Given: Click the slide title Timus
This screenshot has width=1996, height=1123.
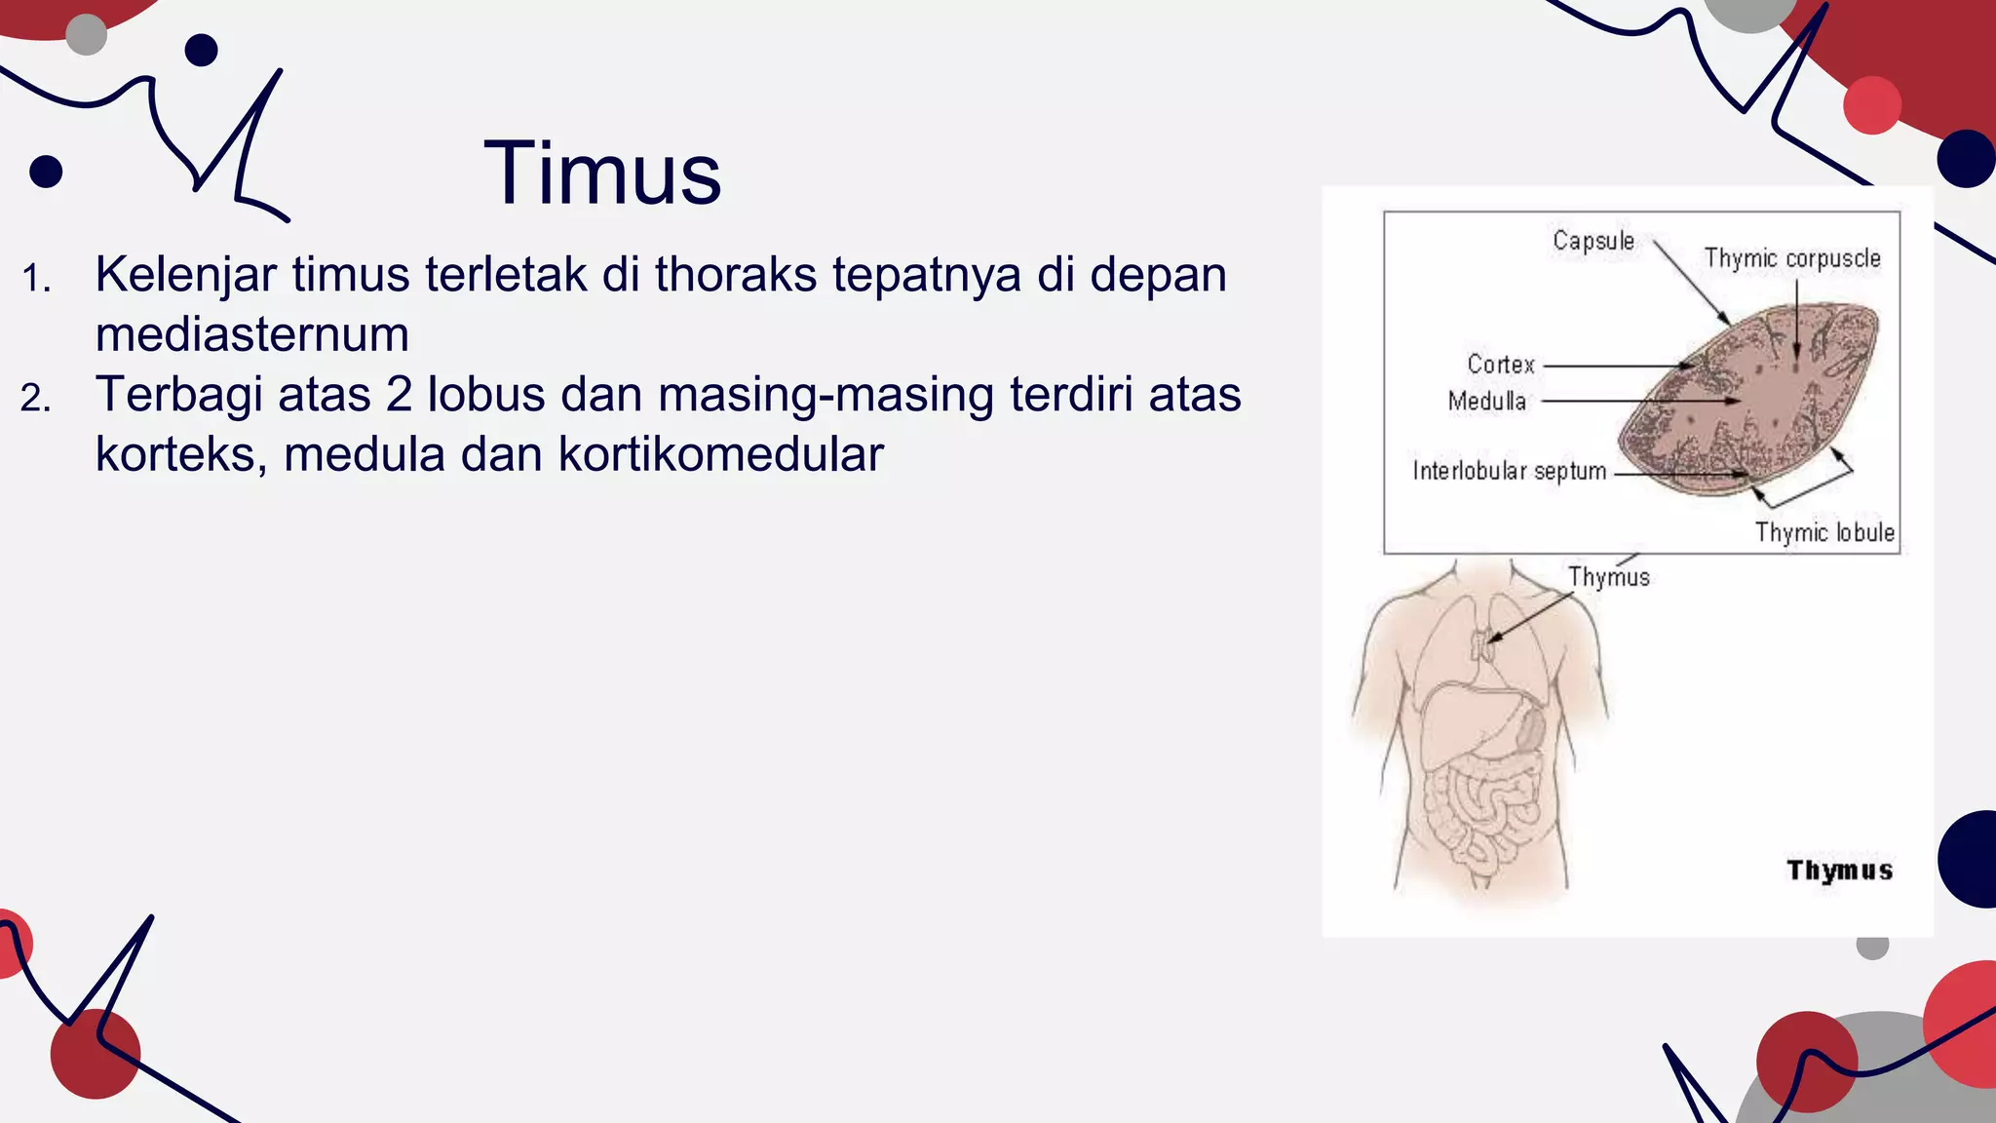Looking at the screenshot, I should pos(602,174).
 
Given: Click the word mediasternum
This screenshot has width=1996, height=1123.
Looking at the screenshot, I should pos(251,334).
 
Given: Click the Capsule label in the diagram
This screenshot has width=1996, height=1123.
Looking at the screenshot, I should pos(1593,241).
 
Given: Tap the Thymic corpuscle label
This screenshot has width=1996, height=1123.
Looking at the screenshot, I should pos(1791,258).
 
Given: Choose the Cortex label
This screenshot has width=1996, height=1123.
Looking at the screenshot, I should pos(1500,365).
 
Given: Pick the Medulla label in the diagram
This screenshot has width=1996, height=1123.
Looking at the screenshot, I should pos(1486,401).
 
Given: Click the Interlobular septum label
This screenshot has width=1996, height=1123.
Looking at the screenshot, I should pos(1509,471).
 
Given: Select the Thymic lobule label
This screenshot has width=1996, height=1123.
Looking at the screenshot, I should pos(1823,532).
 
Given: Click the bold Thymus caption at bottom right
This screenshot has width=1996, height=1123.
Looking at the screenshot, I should pos(1839,870).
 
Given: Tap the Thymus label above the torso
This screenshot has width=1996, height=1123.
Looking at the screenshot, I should pos(1608,577).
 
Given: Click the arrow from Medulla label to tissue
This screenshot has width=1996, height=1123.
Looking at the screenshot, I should pos(1637,401).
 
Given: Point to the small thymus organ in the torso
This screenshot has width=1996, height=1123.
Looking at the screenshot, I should pos(1482,644).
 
